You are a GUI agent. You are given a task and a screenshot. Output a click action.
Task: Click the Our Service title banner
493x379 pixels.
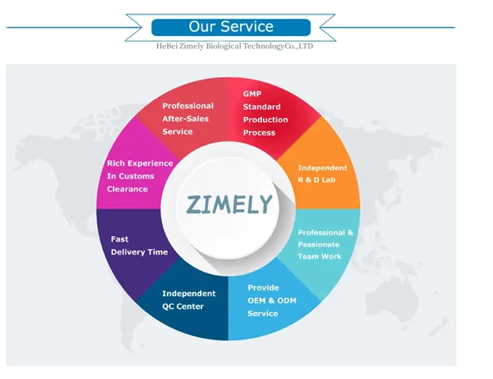coord(230,27)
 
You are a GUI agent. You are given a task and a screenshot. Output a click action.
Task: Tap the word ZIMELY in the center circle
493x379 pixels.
coord(229,204)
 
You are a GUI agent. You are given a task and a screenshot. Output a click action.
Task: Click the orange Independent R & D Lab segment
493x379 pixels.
coord(321,173)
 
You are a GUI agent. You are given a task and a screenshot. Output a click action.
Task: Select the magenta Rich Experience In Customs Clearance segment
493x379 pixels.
coord(137,176)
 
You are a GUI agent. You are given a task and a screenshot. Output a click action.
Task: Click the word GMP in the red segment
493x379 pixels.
coord(251,94)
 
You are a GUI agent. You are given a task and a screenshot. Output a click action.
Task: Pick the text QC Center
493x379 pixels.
coord(182,306)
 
